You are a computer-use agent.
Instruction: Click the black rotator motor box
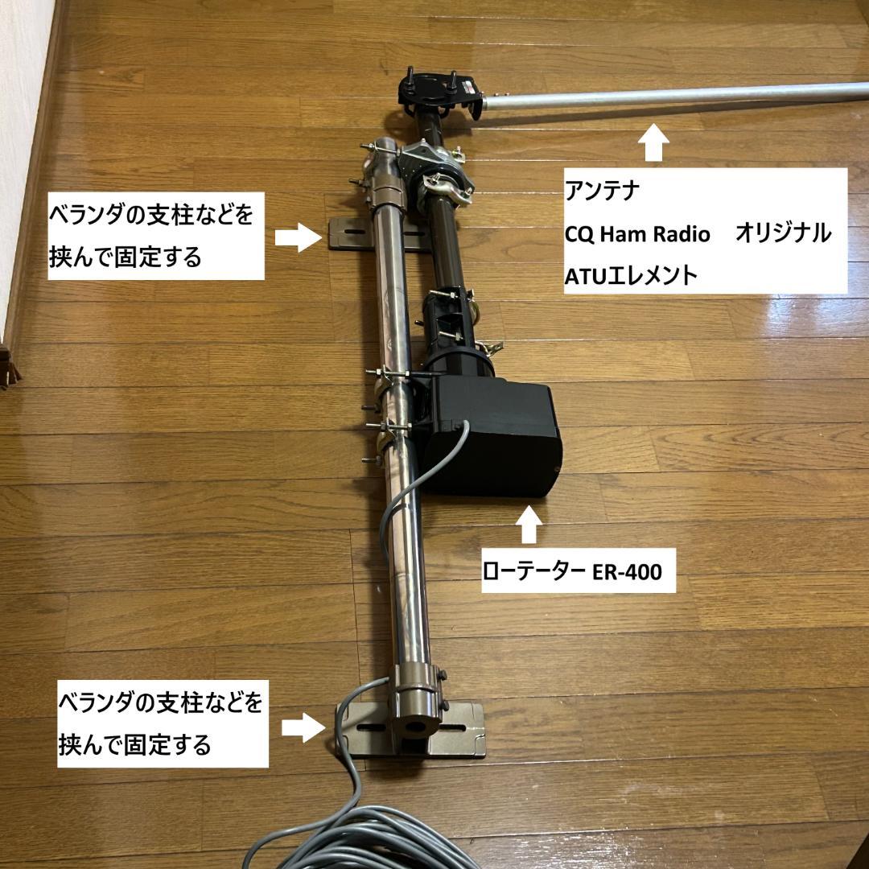click(494, 438)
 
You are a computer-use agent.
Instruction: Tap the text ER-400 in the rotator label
click(627, 572)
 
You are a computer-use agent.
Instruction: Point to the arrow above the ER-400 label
click(529, 525)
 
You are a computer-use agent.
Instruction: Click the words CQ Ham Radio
click(637, 234)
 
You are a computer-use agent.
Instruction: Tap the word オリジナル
click(782, 234)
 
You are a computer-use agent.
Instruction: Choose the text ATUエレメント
click(631, 275)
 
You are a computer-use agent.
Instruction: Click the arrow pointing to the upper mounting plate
click(297, 237)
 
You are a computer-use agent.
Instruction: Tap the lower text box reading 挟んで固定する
click(134, 745)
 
